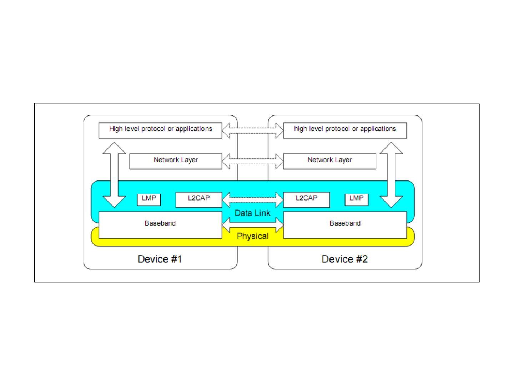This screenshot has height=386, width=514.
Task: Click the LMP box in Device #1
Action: [149, 199]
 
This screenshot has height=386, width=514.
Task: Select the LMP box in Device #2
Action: [356, 199]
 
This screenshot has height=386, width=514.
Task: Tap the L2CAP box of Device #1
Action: [199, 199]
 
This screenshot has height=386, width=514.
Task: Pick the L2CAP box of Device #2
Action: [306, 199]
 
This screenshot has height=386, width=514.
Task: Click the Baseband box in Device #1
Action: [160, 225]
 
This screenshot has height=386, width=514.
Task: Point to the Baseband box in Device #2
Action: [345, 225]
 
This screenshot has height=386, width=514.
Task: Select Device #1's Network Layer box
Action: [176, 161]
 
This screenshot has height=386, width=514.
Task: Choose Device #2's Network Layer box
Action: [329, 161]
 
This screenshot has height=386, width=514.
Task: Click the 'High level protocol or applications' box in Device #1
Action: [160, 130]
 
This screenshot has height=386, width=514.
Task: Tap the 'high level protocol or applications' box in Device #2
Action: [345, 130]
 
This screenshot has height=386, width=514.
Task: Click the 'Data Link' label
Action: [252, 213]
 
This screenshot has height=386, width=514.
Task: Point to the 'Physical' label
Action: [252, 236]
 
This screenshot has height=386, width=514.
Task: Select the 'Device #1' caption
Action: [160, 259]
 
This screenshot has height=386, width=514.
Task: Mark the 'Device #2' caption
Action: [344, 259]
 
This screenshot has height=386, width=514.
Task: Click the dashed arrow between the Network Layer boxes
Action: [253, 161]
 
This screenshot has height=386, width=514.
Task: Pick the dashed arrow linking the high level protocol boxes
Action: [253, 130]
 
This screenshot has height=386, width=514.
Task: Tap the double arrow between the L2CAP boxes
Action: [253, 199]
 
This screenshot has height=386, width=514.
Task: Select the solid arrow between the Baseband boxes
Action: [253, 224]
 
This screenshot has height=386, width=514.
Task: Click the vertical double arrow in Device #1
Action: [114, 175]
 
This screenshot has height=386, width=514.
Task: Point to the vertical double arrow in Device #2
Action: [391, 175]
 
